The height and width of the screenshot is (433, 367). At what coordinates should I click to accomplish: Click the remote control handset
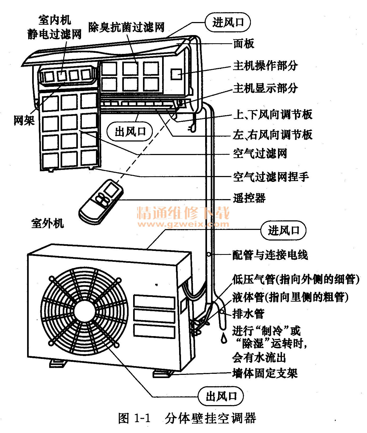coord(101,201)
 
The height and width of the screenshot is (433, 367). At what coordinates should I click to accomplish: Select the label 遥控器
coord(249,198)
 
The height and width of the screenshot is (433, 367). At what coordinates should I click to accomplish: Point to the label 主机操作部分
coord(265,66)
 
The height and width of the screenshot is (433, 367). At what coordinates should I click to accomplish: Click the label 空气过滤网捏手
coord(271,177)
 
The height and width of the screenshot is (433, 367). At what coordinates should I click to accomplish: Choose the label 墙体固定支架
coord(265,373)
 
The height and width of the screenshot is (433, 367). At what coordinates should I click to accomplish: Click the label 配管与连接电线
coord(270,255)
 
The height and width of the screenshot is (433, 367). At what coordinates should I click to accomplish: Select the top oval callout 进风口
coord(228,22)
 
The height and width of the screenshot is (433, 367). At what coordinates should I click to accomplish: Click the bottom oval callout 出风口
coord(221,397)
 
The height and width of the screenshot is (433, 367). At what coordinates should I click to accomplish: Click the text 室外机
coord(47,223)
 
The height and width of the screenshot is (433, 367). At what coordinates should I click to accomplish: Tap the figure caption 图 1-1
coord(134,418)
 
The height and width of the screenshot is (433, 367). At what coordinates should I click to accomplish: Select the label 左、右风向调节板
coord(272,135)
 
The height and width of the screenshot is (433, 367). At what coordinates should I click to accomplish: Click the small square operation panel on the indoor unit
coord(176,74)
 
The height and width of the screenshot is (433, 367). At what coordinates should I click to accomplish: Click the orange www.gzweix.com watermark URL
coord(183,224)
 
